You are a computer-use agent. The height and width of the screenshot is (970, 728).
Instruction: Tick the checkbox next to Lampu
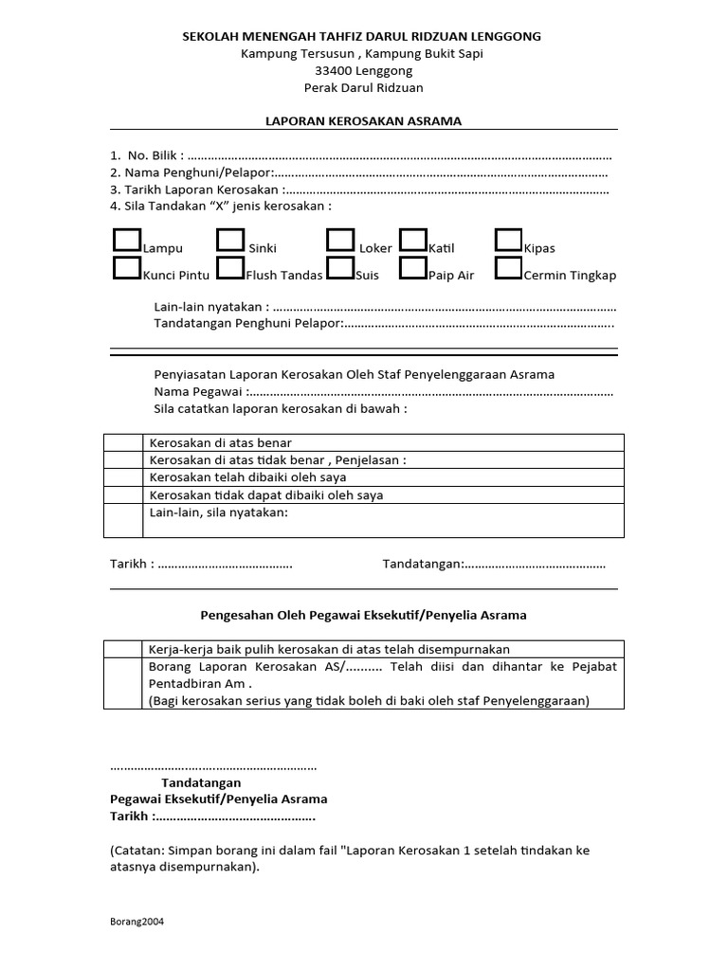pos(126,240)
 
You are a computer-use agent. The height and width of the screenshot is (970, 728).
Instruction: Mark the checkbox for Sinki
pos(230,240)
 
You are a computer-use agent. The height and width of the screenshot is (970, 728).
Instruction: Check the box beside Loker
pos(340,240)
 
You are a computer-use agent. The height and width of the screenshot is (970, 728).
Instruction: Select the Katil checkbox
pos(412,240)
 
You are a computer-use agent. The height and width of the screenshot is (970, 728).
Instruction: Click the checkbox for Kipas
pos(509,240)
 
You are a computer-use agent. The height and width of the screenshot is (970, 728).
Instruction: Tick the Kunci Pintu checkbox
pos(126,268)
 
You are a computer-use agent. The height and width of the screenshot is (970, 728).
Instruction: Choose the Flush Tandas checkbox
pos(230,268)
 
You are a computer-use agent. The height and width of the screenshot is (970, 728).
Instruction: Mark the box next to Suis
pos(340,268)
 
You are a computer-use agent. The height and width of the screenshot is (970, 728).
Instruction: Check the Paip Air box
pos(412,268)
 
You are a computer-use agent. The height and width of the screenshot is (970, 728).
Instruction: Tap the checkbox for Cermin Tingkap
pos(509,268)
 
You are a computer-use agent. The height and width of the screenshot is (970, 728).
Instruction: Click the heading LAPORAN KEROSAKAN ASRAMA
pos(363,121)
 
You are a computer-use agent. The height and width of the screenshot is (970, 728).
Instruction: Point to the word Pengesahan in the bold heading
pos(235,615)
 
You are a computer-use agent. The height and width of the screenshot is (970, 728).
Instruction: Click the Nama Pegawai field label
pos(199,392)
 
